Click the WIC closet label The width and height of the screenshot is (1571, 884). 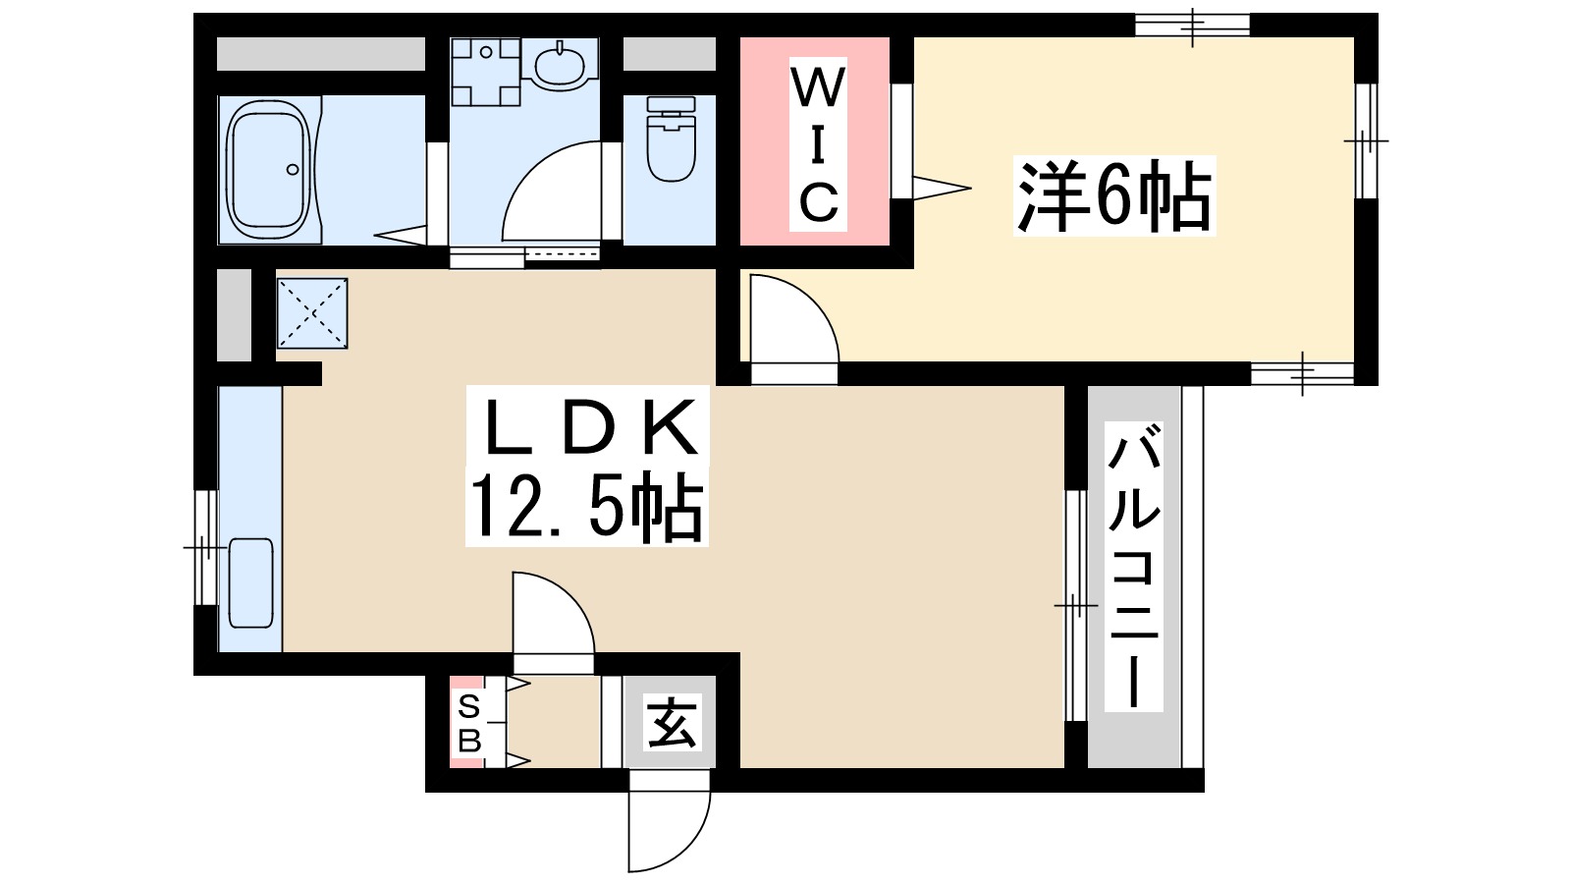coord(817,144)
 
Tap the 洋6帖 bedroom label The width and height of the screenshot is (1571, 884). coord(1113,196)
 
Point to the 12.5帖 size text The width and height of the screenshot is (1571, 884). coord(586,508)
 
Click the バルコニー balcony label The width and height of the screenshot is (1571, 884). coord(1134,567)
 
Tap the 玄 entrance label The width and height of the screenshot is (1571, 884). coord(672,723)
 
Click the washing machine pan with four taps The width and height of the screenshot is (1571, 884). coord(485,72)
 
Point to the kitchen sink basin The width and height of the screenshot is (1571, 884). coord(250,581)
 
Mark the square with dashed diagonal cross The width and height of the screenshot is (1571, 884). coord(312,313)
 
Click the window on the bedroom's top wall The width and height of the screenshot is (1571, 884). coord(1192,25)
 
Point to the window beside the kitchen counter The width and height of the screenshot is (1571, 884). coord(204,546)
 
